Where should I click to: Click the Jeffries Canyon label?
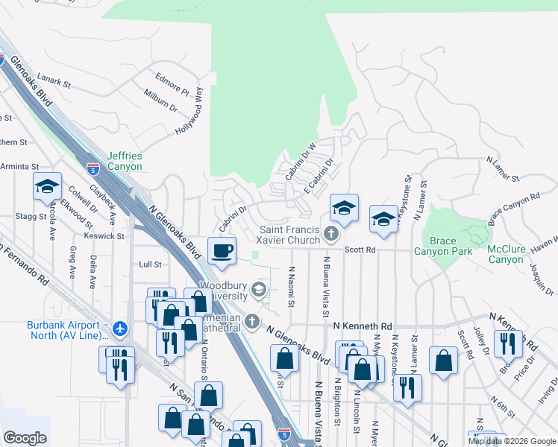click(x=124, y=161)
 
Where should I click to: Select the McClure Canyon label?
click(x=506, y=253)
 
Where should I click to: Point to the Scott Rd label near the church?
click(x=359, y=250)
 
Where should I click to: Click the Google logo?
click(x=25, y=438)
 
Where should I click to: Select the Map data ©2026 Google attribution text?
click(x=512, y=441)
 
